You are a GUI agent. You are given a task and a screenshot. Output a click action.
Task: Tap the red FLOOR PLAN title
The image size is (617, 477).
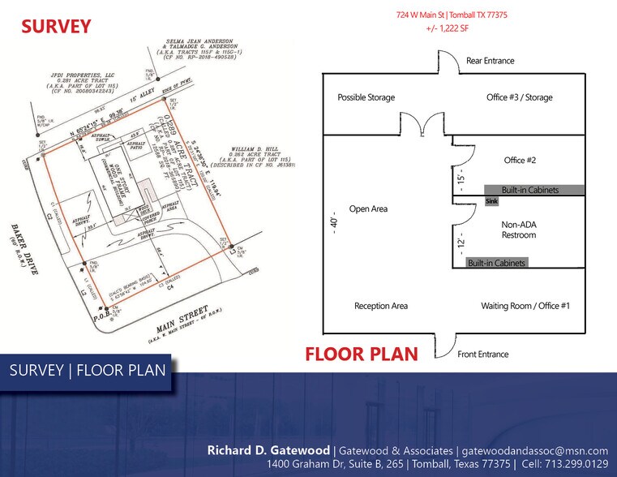(362, 355)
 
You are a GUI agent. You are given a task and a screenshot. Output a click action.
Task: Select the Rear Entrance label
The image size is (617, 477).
(490, 61)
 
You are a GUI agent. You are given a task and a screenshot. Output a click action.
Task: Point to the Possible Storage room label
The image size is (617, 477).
(366, 97)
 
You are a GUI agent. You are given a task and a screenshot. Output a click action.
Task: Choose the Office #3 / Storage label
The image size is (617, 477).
(519, 97)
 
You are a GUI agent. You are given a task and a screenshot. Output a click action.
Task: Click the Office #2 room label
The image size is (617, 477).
(520, 160)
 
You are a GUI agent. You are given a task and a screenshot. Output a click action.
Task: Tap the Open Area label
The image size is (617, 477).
(368, 208)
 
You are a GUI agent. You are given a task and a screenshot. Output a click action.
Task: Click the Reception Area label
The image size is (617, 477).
(381, 306)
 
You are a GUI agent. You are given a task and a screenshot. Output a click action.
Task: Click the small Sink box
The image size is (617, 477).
(491, 200)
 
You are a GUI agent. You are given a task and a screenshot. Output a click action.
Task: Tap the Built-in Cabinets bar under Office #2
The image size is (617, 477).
(529, 190)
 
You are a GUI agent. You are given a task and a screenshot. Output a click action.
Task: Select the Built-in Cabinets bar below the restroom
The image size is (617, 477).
(496, 263)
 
